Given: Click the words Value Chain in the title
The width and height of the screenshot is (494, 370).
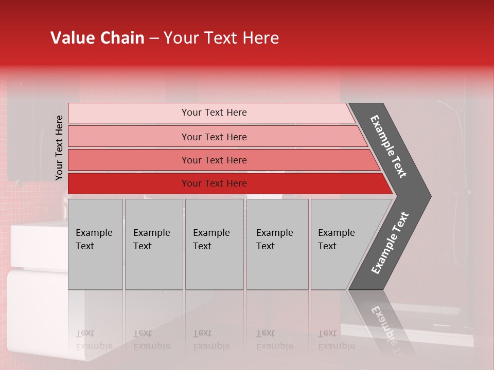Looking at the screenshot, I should pos(97,38).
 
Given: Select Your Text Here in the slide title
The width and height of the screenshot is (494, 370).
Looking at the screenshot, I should pos(221,38).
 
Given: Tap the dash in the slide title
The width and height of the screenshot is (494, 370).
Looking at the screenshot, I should pos(154,39).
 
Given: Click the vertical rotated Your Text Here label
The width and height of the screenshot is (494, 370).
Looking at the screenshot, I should pos(59,147).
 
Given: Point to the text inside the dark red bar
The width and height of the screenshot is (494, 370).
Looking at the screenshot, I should pos(214,183).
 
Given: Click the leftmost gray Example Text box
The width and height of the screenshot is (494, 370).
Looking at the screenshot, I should pos(95,244).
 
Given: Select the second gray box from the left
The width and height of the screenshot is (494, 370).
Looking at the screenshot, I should pos(153,244).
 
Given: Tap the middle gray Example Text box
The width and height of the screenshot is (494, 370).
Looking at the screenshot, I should pos(214,244).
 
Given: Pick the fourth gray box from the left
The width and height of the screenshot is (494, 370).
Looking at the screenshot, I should pos(277,244).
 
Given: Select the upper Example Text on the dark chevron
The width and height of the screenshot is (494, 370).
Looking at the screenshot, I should pos(389,146).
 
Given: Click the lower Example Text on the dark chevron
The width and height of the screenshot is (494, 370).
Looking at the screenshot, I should pos(390,243).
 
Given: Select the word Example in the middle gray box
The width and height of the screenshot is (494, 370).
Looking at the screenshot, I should pos(211,233).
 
